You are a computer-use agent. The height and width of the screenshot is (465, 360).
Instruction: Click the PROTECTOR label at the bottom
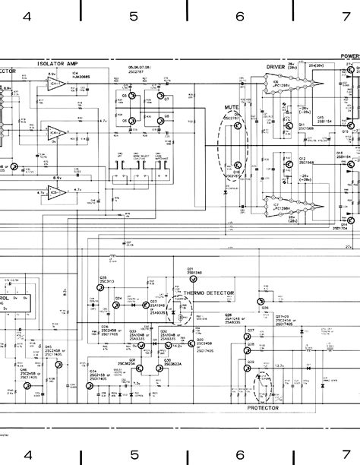pyautogui.click(x=264, y=407)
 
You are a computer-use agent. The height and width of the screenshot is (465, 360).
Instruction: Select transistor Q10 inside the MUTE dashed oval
pyautogui.click(x=238, y=165)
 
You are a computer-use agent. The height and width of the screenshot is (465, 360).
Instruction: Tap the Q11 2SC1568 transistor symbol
pyautogui.click(x=289, y=122)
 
